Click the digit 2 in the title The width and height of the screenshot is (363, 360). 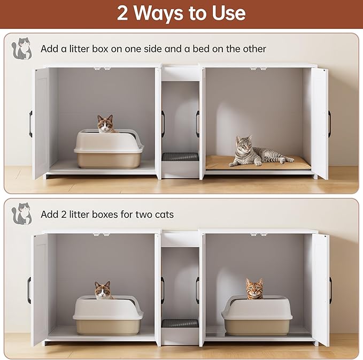coord(123,13)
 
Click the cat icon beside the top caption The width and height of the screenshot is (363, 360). coord(22,48)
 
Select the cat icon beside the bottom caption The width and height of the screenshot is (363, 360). coord(22,213)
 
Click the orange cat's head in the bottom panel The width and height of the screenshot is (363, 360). coord(254,288)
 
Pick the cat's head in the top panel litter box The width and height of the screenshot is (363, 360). coord(107,124)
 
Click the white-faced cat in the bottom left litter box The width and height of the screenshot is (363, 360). coord(104,290)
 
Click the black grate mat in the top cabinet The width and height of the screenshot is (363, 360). coord(180,157)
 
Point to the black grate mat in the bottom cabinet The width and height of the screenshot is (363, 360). coord(180,323)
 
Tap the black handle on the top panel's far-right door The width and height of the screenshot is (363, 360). coord(329,123)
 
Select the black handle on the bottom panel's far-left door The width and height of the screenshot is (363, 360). coord(30,290)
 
